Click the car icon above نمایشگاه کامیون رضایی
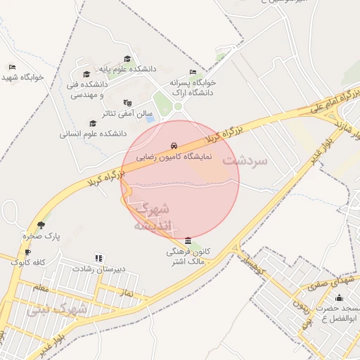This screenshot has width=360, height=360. coord(173,146)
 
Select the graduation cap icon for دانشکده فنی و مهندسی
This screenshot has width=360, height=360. coord(86,74)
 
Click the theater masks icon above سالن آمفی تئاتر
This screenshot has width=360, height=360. coord(127,103)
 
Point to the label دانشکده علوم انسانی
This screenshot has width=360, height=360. coord(93,133)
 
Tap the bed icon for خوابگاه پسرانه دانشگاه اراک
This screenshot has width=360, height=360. coord(193,72)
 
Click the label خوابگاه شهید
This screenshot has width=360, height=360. coord(23,77)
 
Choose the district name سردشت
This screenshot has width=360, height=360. coord(245,160)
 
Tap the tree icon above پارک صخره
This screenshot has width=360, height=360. coord(41,225)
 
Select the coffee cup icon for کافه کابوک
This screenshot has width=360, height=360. coord(27,252)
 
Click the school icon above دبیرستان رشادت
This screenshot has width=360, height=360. coord(98,259)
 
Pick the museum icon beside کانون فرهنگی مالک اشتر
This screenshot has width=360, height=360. coord(187,241)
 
